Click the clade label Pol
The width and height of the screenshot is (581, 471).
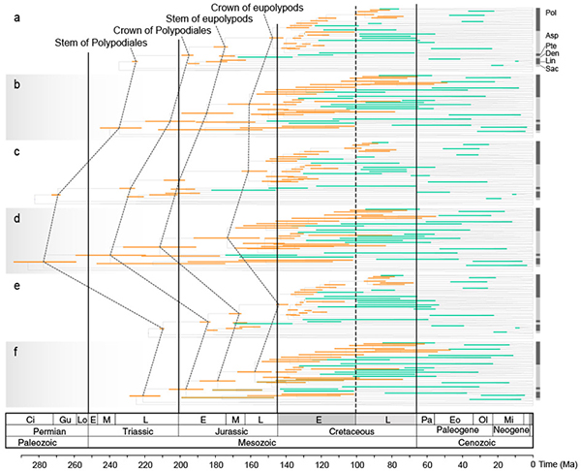tap(551, 14)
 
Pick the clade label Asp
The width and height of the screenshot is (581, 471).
tap(551, 36)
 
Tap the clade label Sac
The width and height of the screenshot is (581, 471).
tap(551, 68)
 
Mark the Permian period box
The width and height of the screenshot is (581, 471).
tap(47, 430)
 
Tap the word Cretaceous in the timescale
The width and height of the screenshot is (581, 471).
tap(347, 430)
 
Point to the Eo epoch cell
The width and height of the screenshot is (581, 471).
tap(454, 418)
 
